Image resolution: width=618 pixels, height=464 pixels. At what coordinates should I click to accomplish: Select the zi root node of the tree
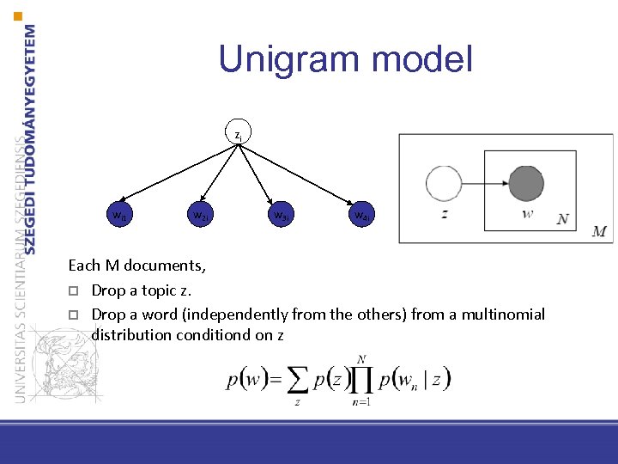point(238,135)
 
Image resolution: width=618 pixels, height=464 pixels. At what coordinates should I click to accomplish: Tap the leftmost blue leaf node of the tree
point(118,214)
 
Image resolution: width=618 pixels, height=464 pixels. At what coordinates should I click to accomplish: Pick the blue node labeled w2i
point(198,214)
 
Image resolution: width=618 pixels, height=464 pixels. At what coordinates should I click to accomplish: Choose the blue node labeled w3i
point(279,214)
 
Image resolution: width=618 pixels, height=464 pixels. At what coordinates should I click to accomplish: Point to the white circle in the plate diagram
point(444,184)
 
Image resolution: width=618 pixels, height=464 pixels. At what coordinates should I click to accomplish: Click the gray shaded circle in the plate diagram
point(525,184)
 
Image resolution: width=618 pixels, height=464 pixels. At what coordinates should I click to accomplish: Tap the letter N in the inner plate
point(562,219)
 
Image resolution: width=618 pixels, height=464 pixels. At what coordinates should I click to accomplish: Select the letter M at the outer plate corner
point(599,232)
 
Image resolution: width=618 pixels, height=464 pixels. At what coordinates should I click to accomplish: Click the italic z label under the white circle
point(444,215)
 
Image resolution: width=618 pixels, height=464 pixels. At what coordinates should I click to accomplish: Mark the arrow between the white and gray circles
point(485,184)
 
